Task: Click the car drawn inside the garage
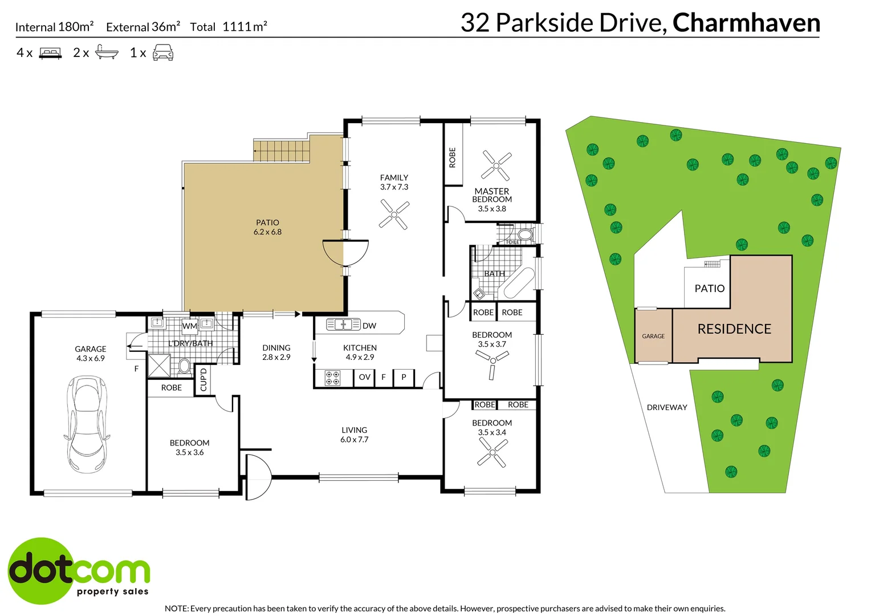(x=86, y=424)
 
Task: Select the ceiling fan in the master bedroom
(x=496, y=165)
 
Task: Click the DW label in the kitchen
(x=369, y=326)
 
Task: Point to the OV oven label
(x=364, y=377)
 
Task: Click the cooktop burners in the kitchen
(x=332, y=378)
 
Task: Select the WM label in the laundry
(x=189, y=326)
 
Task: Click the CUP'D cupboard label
(x=203, y=380)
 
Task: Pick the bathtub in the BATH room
(x=517, y=283)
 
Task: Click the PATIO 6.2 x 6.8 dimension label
(x=267, y=228)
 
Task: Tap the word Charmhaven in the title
(x=746, y=23)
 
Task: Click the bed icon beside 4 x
(x=50, y=53)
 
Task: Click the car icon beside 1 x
(x=163, y=52)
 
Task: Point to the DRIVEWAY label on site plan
(x=666, y=407)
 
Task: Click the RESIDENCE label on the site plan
(x=734, y=329)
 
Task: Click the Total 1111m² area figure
(x=229, y=27)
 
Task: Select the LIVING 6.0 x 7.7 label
(x=354, y=435)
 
